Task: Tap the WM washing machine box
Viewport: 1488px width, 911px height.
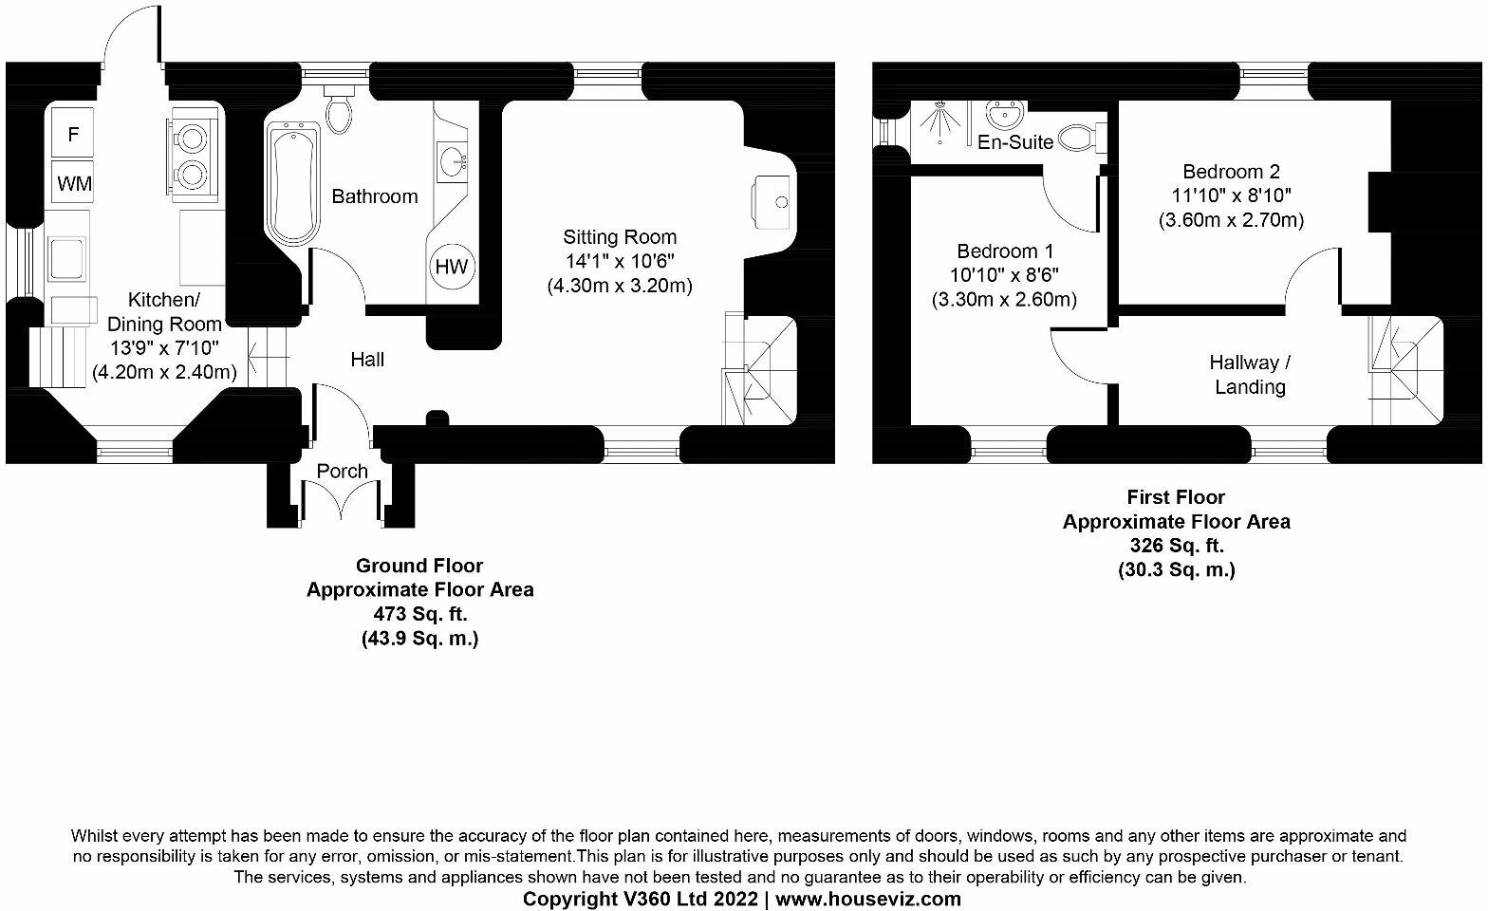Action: coord(74,183)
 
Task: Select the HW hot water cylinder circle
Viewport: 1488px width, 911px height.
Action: coord(452,267)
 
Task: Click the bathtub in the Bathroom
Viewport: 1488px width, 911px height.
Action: coord(294,185)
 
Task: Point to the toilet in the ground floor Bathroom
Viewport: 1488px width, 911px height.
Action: coord(339,108)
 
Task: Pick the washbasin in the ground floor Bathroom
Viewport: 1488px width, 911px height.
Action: coord(455,161)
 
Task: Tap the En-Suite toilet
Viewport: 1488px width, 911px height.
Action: coord(1078,139)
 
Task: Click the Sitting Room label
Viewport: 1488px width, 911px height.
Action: coord(620,237)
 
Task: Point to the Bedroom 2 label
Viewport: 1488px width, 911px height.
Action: coord(1231,172)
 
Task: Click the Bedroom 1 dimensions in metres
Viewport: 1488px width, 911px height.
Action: coord(1005,301)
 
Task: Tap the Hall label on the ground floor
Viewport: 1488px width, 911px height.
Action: coord(367,360)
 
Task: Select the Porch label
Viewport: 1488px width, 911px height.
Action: coord(342,471)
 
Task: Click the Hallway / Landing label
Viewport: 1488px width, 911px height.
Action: coord(1250,375)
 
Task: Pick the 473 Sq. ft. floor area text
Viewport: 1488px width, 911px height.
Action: coord(419,615)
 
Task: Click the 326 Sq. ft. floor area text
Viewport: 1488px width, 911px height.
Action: coord(1176,547)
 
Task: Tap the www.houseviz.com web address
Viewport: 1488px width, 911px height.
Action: coord(868,899)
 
